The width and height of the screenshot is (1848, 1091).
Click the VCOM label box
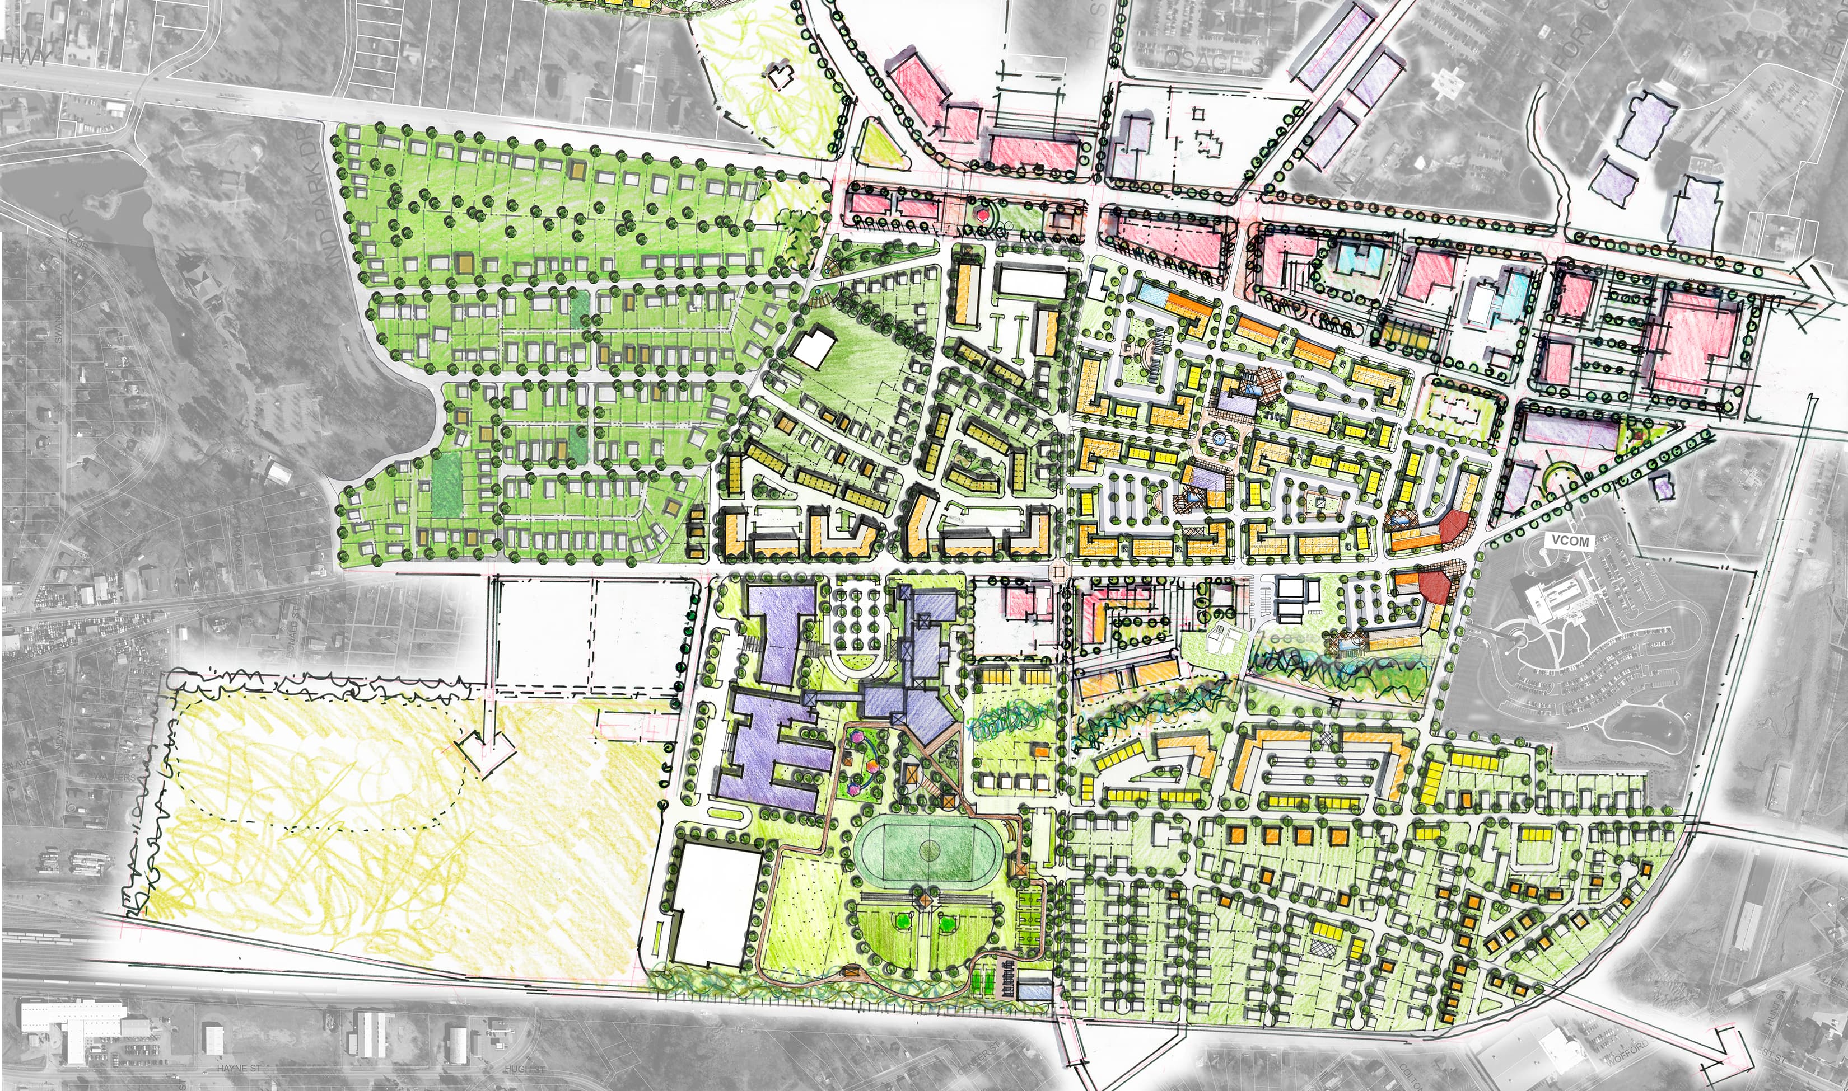pos(1570,541)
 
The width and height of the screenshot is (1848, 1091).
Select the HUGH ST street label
pos(525,1068)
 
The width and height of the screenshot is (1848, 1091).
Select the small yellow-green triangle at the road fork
pos(880,143)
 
